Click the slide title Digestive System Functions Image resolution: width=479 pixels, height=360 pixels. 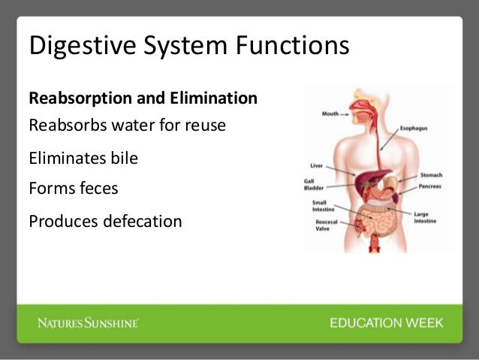coord(188,46)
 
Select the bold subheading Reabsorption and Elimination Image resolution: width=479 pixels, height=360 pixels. coord(143,98)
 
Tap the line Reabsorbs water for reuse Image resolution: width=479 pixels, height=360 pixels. coord(127,125)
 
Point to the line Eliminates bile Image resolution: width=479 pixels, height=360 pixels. coord(83,159)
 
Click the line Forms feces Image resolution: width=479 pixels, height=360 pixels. coord(73,188)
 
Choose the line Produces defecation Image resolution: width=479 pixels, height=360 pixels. coord(105,222)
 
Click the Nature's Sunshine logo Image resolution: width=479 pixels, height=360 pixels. coord(89,323)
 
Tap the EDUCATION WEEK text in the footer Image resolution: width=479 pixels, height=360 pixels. coord(386,323)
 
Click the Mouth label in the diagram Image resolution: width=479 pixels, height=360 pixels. coord(330,115)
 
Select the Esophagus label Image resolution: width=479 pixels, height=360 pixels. coord(414,129)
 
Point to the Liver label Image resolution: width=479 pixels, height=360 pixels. coord(317,165)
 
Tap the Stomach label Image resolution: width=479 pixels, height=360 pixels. coord(430,174)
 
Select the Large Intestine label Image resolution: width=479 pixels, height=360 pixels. coord(421,217)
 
